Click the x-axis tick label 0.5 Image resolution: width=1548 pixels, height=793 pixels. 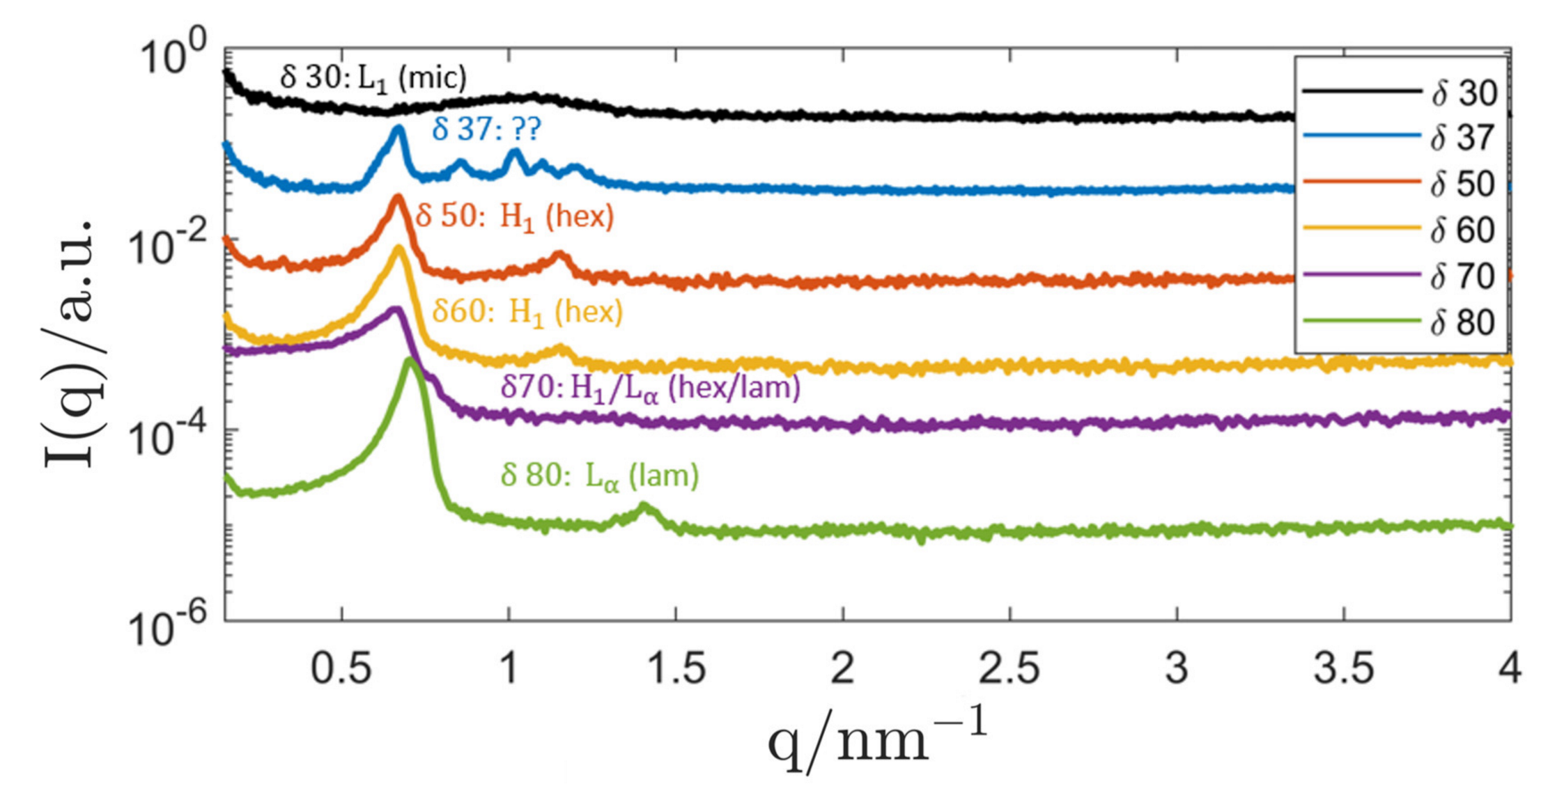[341, 669]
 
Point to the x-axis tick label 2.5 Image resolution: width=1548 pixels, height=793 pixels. [1009, 669]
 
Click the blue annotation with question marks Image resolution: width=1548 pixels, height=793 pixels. [486, 129]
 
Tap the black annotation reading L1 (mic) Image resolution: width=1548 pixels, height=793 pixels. [373, 77]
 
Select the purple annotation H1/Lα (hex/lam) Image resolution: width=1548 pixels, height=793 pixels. [651, 387]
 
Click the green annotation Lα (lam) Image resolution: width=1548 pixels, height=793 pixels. [600, 476]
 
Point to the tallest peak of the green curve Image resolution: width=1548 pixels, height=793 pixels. [410, 360]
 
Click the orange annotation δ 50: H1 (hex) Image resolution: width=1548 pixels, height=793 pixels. [515, 217]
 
